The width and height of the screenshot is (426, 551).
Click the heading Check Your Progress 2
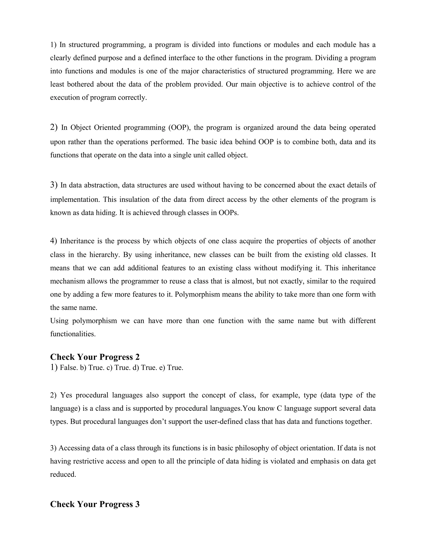click(x=95, y=357)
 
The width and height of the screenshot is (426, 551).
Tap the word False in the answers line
click(x=69, y=368)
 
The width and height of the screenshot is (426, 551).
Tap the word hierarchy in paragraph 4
click(x=104, y=255)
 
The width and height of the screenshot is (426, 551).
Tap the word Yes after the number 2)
click(x=66, y=395)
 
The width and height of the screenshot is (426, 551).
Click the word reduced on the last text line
click(x=63, y=474)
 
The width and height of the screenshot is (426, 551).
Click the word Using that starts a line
click(x=59, y=321)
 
